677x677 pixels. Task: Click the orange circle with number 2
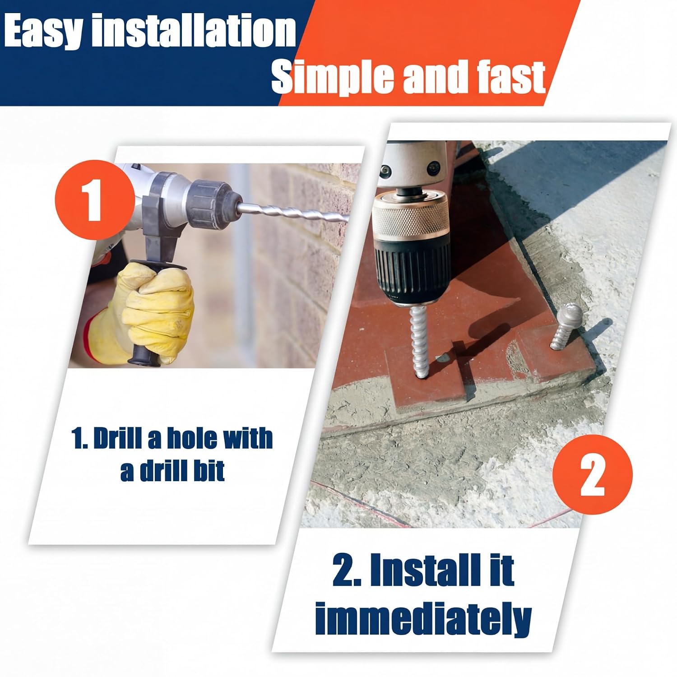(592, 474)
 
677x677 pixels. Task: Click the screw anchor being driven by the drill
(420, 341)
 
